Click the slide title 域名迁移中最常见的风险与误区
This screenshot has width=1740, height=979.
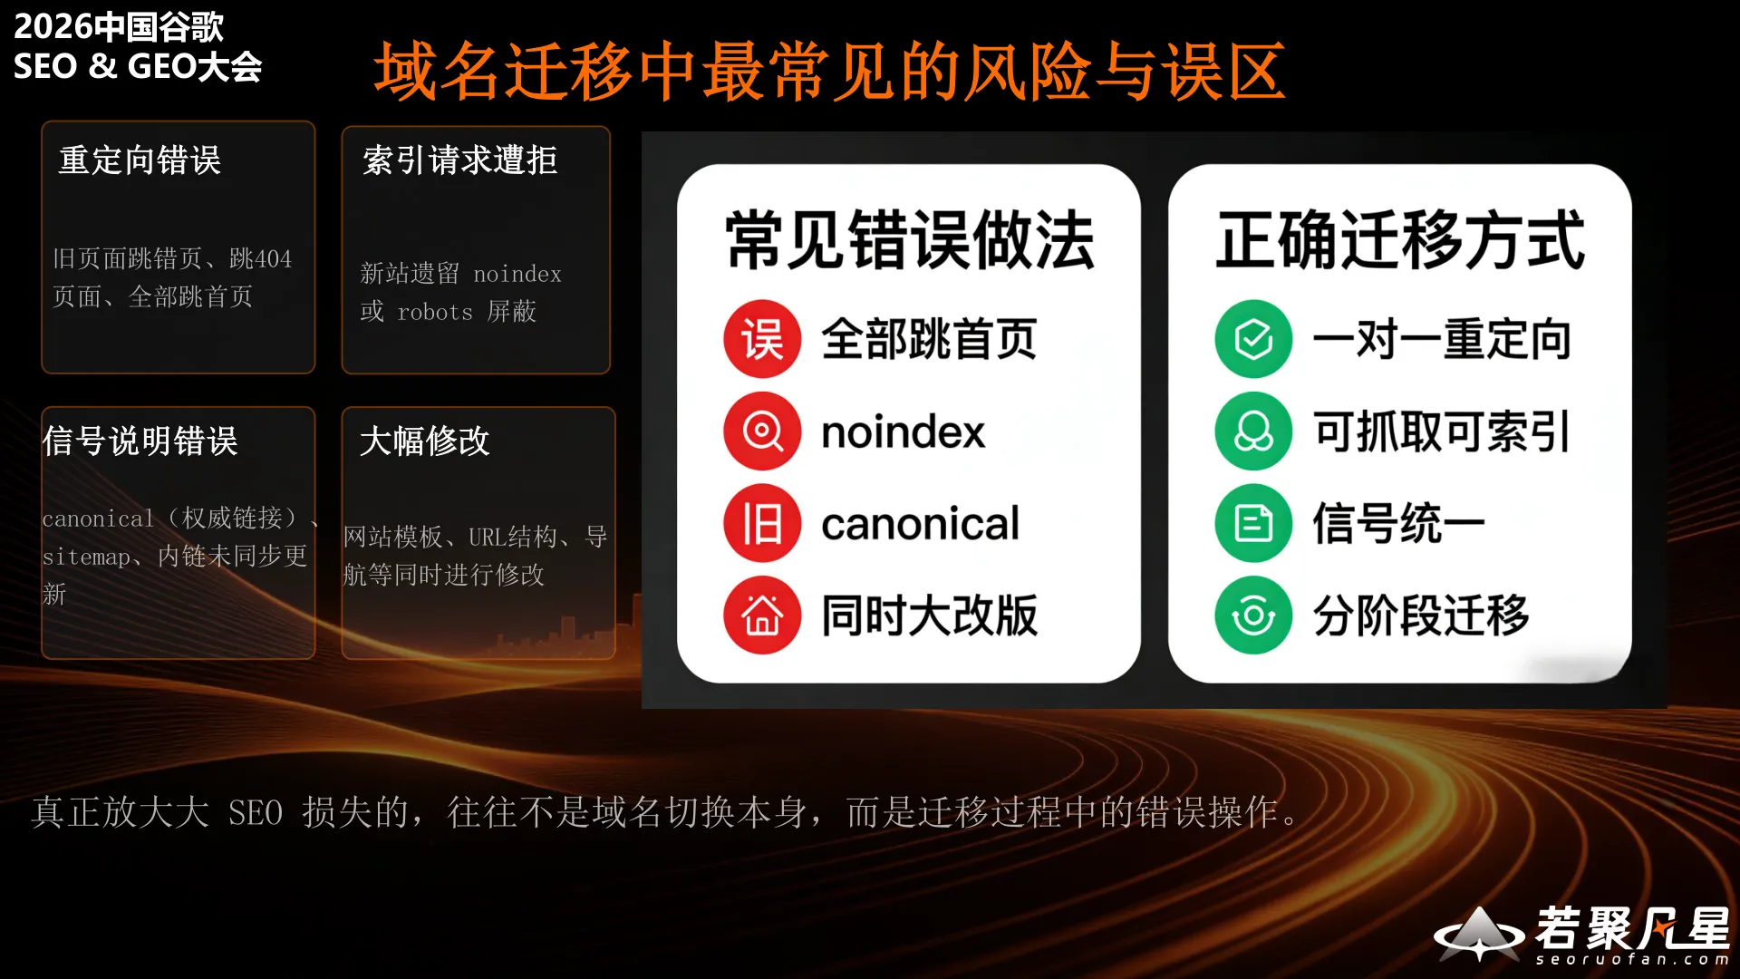tap(829, 72)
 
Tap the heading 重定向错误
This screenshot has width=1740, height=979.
tap(140, 160)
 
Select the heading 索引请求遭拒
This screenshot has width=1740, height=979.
tap(459, 160)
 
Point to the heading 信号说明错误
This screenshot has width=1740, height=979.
tap(140, 441)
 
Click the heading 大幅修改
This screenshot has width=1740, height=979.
tap(424, 441)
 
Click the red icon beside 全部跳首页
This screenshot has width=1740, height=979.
tap(762, 339)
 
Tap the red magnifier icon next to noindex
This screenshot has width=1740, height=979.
tap(762, 431)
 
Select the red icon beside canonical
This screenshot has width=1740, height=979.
tap(762, 523)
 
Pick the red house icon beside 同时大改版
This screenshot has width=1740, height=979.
tap(762, 616)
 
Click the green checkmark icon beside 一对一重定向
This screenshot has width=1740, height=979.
tap(1253, 339)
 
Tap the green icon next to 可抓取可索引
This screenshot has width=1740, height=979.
tap(1253, 431)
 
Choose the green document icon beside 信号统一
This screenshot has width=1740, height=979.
tap(1253, 523)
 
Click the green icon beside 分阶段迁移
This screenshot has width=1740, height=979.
tap(1253, 616)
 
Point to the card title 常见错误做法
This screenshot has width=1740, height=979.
tap(909, 240)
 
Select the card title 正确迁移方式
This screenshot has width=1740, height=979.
tap(1400, 240)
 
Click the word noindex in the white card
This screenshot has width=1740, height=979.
tap(903, 431)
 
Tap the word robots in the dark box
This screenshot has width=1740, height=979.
tap(435, 313)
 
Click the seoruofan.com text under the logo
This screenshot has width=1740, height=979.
tap(1631, 959)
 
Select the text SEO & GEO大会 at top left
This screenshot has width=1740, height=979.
tap(138, 66)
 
